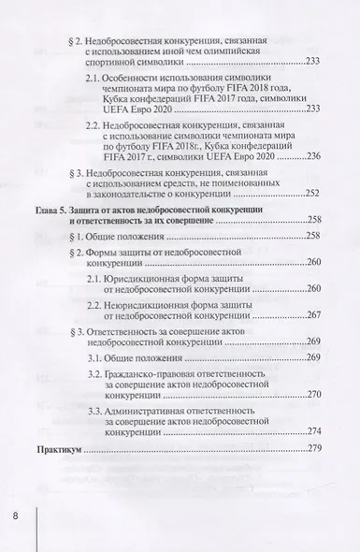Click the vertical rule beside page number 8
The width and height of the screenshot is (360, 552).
pyautogui.click(x=36, y=519)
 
